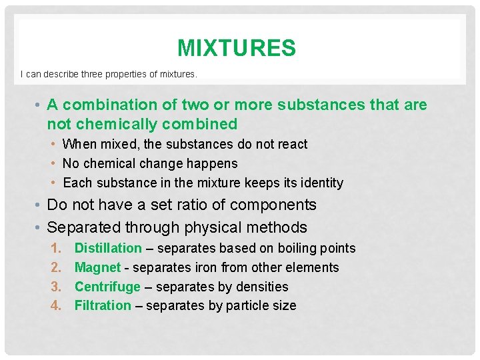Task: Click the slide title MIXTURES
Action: pos(237,48)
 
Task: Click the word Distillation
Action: pos(108,248)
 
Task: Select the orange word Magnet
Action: pos(97,267)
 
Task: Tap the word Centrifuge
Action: pos(107,287)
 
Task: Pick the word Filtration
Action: pos(103,305)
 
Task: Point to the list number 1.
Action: pos(56,248)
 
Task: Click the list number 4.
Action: pos(56,305)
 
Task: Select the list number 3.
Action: pos(56,287)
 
